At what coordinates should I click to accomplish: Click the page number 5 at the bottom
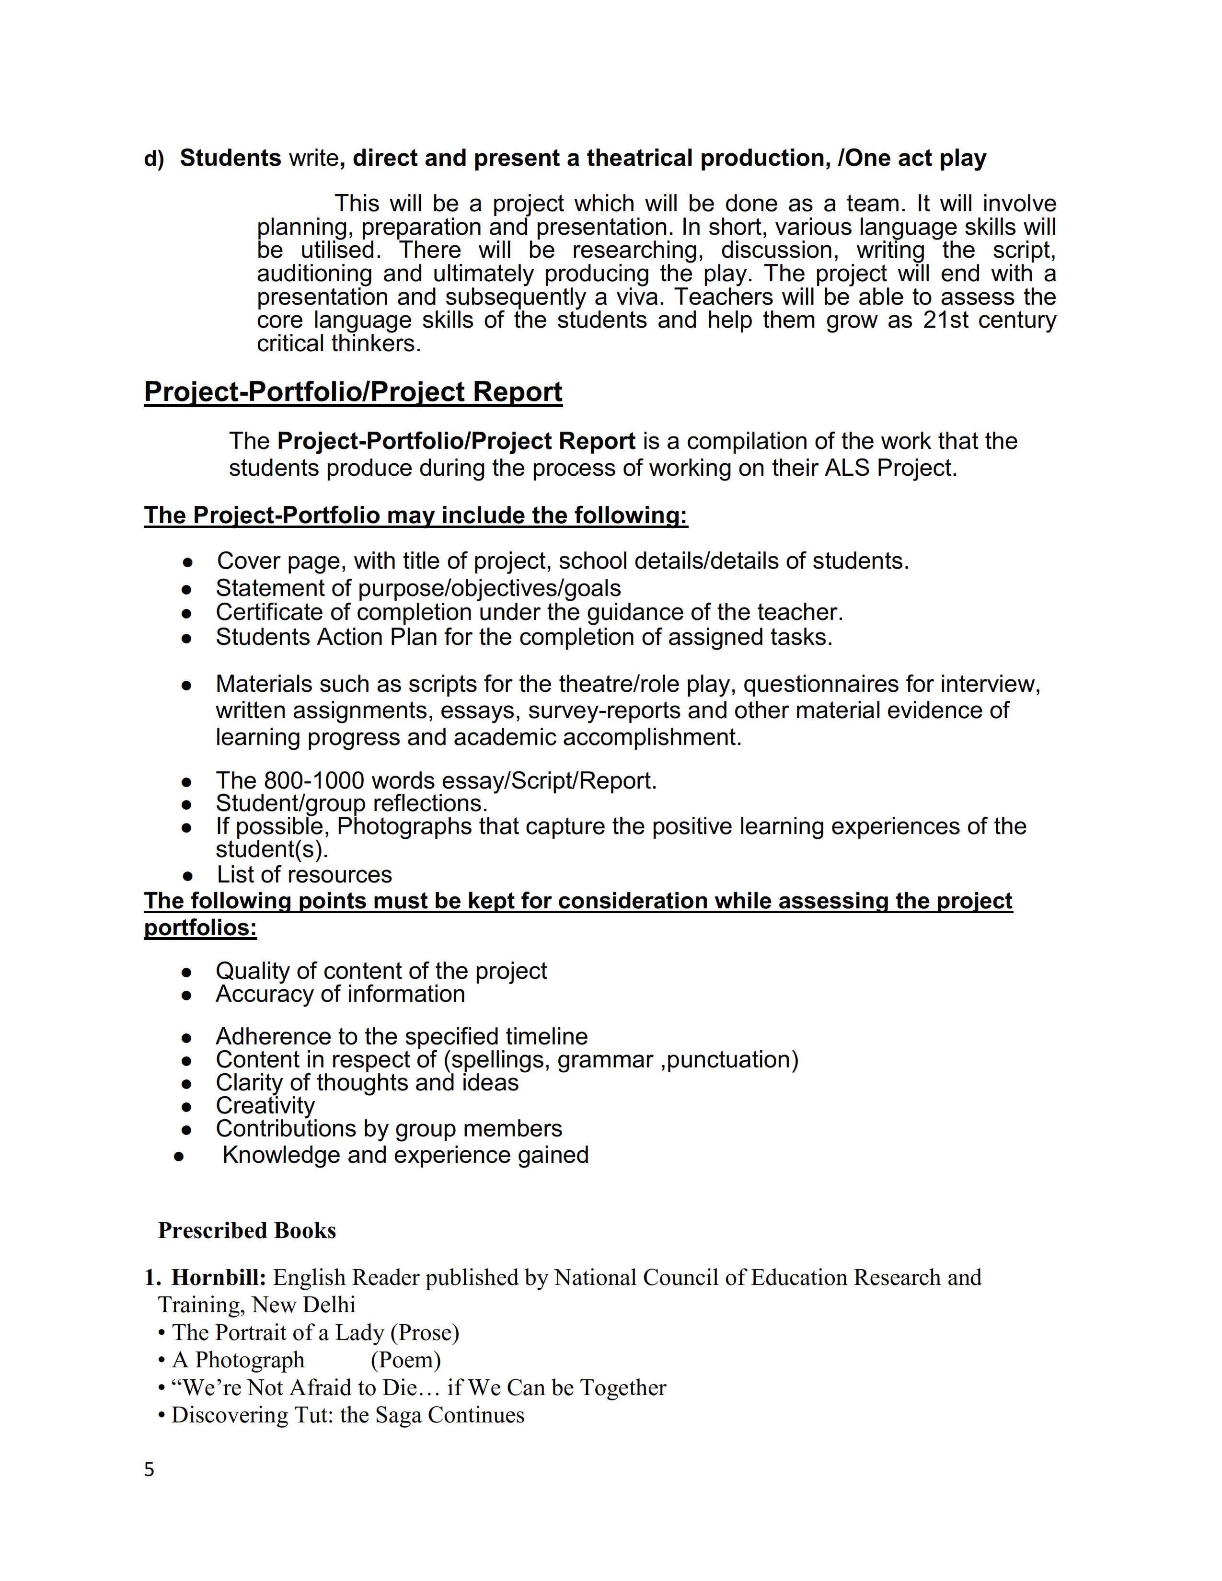pyautogui.click(x=149, y=1469)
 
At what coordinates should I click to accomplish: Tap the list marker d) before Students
pyautogui.click(x=153, y=159)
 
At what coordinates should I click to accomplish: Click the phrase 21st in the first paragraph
pyautogui.click(x=945, y=320)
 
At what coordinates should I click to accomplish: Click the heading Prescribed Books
pyautogui.click(x=247, y=1231)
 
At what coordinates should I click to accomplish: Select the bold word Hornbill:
pyautogui.click(x=219, y=1278)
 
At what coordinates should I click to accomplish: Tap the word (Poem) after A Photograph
pyautogui.click(x=405, y=1360)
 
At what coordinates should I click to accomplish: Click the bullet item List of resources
pyautogui.click(x=304, y=874)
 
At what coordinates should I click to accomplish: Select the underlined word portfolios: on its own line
pyautogui.click(x=200, y=928)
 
